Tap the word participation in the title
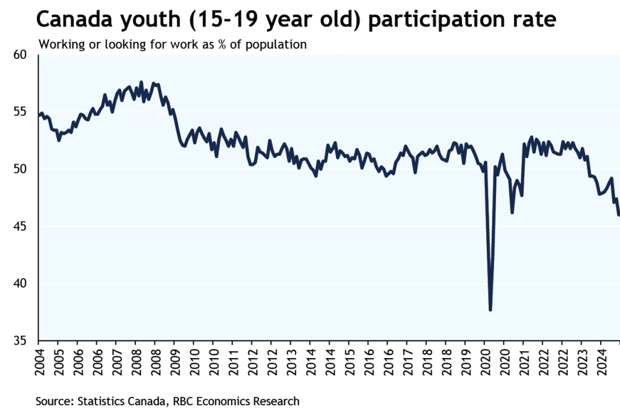tap(432, 20)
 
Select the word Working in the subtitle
tap(61, 45)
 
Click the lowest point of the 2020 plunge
tap(490, 310)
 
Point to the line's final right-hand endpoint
tap(618, 214)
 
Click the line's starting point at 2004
tap(39, 116)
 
